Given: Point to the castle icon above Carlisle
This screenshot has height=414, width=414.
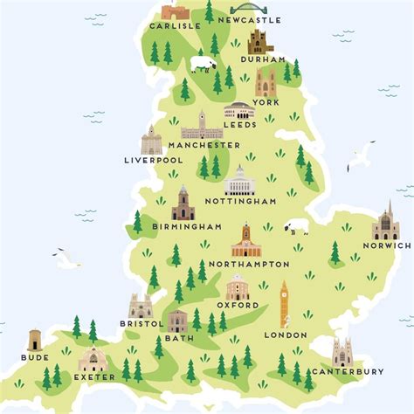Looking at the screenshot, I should [x=175, y=12].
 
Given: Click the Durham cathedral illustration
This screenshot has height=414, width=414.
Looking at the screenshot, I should [x=259, y=41].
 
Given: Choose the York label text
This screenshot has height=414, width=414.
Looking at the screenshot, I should [x=267, y=101].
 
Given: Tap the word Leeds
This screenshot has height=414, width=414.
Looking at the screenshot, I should [x=240, y=125].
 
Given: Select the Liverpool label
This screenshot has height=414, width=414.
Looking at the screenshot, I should [x=154, y=161].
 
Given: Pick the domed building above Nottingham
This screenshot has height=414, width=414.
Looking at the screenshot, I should [x=238, y=181].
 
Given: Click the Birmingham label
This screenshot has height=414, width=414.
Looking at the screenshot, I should [x=186, y=227].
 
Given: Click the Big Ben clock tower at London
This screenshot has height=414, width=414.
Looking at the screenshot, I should [x=284, y=305].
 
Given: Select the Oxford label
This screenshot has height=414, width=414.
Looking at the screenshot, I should [x=238, y=306].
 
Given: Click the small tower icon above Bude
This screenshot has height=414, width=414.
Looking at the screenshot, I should [x=35, y=340].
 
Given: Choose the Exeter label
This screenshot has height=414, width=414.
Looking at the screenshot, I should [x=93, y=378].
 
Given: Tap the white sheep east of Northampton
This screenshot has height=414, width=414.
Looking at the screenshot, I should [x=297, y=227].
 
